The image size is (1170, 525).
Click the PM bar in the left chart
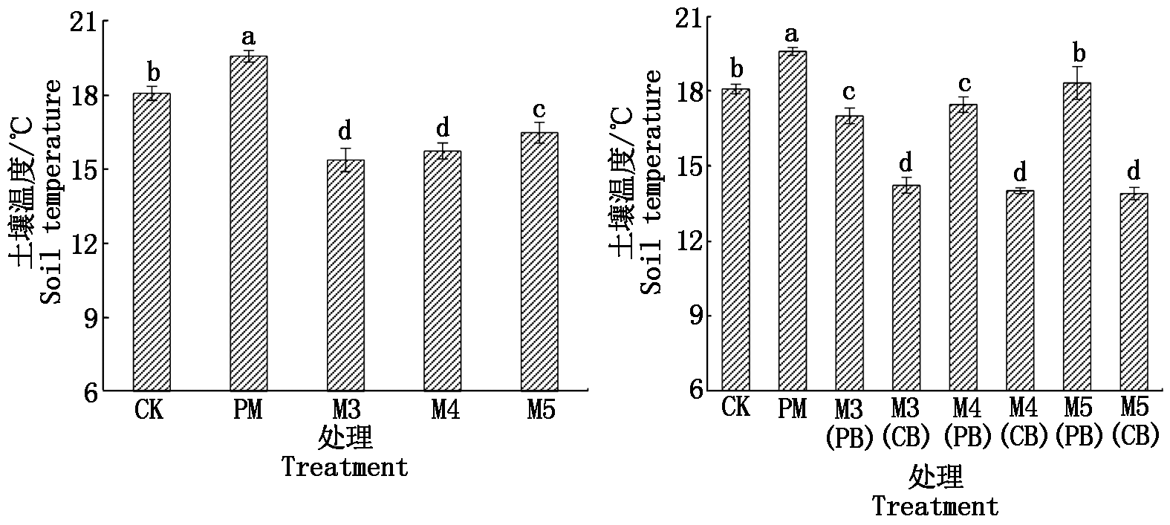coord(249,224)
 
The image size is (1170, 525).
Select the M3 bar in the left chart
coord(345,275)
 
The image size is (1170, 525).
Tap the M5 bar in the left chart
coord(539,261)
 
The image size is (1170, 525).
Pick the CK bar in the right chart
coord(736,240)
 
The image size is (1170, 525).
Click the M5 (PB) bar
coord(1077,236)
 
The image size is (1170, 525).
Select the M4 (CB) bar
coord(1020,290)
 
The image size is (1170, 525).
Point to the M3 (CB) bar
coord(906,287)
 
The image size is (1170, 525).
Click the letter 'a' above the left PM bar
coord(249,38)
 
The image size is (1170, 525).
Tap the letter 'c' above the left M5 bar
coord(539,110)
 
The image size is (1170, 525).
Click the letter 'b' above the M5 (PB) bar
coord(1079,53)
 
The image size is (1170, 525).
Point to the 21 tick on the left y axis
coord(83,22)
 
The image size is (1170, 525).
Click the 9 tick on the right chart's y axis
coord(696,316)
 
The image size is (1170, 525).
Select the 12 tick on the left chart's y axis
coord(83,244)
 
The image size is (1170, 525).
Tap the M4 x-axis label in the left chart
coord(446,410)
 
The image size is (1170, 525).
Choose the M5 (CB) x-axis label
coord(1135,422)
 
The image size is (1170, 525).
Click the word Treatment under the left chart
coord(345,466)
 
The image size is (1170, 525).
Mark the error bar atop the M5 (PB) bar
coord(1077,83)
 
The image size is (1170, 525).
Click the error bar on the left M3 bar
coord(345,160)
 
